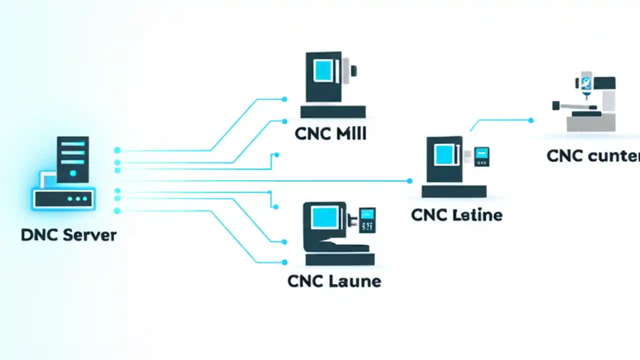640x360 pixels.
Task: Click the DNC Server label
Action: pyautogui.click(x=68, y=235)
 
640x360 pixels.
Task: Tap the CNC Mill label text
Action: pyautogui.click(x=330, y=133)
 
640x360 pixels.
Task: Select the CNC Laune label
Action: pyautogui.click(x=334, y=281)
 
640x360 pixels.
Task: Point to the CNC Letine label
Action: pyautogui.click(x=456, y=215)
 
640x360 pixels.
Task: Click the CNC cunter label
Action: pyautogui.click(x=593, y=156)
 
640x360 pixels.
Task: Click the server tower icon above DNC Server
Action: pyautogui.click(x=73, y=159)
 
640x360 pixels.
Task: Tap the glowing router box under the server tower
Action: pyautogui.click(x=63, y=198)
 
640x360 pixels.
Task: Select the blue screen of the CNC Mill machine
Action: pyautogui.click(x=323, y=71)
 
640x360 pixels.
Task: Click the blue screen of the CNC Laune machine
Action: pyautogui.click(x=324, y=217)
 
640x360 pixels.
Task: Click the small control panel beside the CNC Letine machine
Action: pyautogui.click(x=481, y=156)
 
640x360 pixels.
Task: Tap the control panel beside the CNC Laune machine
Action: pyautogui.click(x=367, y=220)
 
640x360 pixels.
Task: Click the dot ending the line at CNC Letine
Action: pyautogui.click(x=409, y=181)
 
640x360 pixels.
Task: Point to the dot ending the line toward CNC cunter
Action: pyautogui.click(x=530, y=120)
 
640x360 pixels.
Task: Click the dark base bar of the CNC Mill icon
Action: pyautogui.click(x=333, y=111)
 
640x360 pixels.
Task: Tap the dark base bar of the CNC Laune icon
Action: pyautogui.click(x=340, y=259)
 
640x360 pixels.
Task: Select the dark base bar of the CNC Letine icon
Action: pyautogui.click(x=454, y=191)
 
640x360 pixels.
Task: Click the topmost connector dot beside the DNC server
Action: pyautogui.click(x=117, y=150)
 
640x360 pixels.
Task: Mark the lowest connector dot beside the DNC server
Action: pyautogui.click(x=117, y=211)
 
